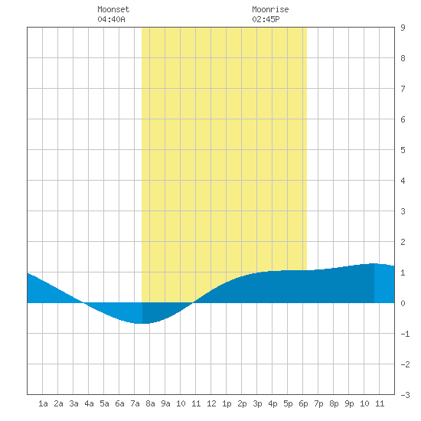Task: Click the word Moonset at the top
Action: coord(113,9)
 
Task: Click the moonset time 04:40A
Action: coord(111,19)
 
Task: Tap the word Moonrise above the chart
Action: coord(270,9)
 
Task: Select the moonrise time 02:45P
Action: coord(266,19)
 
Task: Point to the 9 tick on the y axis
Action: coord(403,28)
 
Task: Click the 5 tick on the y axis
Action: coord(403,150)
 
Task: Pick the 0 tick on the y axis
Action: coord(403,303)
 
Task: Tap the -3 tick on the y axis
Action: coord(405,395)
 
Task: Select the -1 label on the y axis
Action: coord(405,334)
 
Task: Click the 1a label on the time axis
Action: coord(43,403)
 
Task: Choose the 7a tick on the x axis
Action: coord(135,403)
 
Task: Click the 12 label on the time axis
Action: coord(211,403)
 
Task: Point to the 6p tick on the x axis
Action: coord(303,403)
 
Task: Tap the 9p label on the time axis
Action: coord(349,403)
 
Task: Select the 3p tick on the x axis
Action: coord(257,403)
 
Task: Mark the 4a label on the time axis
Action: coord(89,403)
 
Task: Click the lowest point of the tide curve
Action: coord(142,324)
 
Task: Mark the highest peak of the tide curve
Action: coord(374,263)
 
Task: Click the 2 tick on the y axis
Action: coord(403,242)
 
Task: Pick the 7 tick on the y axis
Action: coord(403,89)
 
